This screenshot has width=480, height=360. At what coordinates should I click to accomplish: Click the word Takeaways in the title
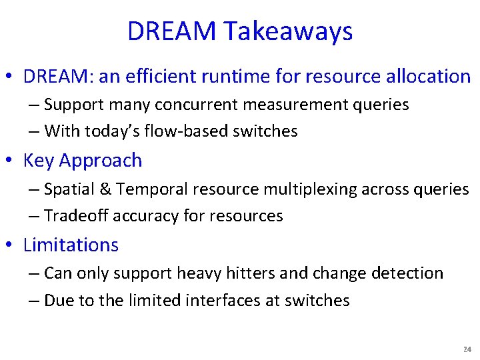[289, 31]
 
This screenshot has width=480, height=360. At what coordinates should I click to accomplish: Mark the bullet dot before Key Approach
[11, 161]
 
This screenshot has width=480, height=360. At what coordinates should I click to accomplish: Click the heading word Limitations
[71, 245]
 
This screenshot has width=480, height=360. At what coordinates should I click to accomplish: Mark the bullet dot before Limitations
[11, 245]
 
